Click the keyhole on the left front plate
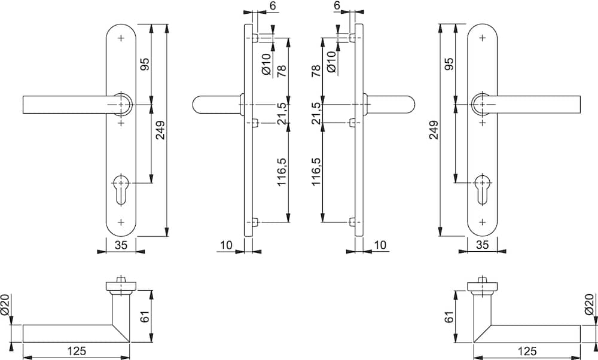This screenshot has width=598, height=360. (121, 189)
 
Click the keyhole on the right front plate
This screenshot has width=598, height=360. (483, 189)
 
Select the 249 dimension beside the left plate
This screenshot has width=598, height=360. (160, 130)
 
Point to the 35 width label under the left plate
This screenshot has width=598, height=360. (121, 245)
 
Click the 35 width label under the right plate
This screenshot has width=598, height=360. (482, 245)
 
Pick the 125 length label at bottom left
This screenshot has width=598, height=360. (77, 350)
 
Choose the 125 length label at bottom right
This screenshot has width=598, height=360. (527, 350)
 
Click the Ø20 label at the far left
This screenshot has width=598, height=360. (6, 305)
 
